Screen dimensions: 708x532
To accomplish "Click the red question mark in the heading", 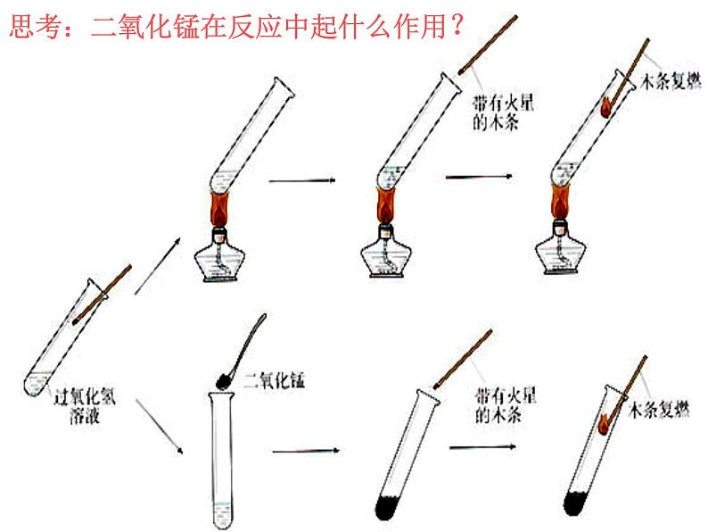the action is pyautogui.click(x=457, y=26).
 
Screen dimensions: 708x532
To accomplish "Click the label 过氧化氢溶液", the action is pyautogui.click(x=85, y=406).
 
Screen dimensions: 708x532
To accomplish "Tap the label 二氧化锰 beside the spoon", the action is pyautogui.click(x=274, y=380).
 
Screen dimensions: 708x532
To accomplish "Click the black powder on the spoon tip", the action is pyautogui.click(x=224, y=381).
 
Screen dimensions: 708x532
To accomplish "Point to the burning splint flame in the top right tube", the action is pyautogui.click(x=605, y=107).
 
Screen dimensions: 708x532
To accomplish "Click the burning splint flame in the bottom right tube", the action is pyautogui.click(x=604, y=424).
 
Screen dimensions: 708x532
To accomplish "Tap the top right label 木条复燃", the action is pyautogui.click(x=671, y=82).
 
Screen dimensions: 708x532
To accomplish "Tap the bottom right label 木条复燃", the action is pyautogui.click(x=659, y=409).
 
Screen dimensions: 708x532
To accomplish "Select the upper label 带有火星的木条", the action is pyautogui.click(x=503, y=112).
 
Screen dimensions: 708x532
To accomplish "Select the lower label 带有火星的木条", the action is pyautogui.click(x=506, y=405).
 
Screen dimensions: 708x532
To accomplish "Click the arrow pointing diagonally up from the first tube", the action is pyautogui.click(x=158, y=266).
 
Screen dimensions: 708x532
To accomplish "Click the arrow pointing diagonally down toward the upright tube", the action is pyautogui.click(x=160, y=426).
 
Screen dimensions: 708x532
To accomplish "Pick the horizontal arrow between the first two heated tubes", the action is pyautogui.click(x=302, y=181).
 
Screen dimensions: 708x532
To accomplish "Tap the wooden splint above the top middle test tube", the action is pyautogui.click(x=488, y=45).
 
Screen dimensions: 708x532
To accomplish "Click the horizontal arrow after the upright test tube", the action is pyautogui.click(x=306, y=451).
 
